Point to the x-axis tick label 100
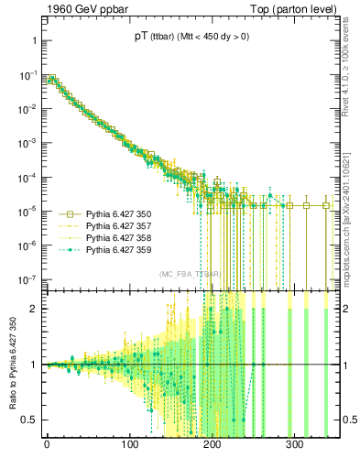[129, 449]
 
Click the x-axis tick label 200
[213, 449]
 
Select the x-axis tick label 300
[296, 449]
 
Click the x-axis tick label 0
[47, 449]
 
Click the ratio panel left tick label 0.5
[29, 420]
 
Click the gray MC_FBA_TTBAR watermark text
[189, 275]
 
